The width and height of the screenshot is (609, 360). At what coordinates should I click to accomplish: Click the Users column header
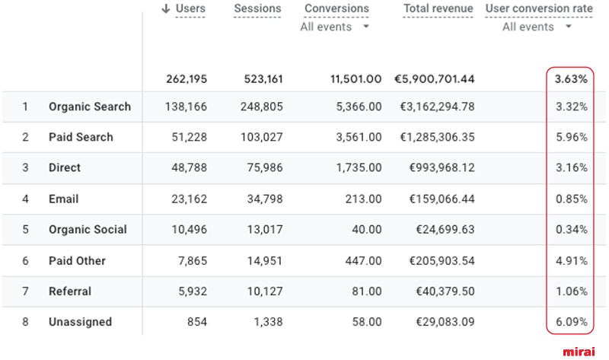click(x=190, y=8)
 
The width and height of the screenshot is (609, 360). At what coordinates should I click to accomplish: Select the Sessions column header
click(x=257, y=8)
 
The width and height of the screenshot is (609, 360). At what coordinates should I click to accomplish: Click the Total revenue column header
click(x=438, y=8)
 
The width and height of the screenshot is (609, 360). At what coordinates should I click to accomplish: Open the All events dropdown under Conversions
click(x=335, y=27)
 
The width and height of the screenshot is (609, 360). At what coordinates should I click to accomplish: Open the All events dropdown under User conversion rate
click(x=537, y=27)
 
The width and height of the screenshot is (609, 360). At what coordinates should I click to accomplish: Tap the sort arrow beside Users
click(x=165, y=8)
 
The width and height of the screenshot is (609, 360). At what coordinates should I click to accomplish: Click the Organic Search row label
click(x=90, y=107)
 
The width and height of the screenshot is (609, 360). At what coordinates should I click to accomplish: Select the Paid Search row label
click(x=81, y=137)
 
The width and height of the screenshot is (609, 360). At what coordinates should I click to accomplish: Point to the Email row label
click(x=63, y=199)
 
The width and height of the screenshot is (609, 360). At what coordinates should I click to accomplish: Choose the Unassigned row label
click(x=80, y=322)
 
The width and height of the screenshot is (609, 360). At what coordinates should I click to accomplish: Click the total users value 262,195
click(x=186, y=78)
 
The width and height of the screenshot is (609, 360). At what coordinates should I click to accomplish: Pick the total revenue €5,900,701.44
click(x=434, y=78)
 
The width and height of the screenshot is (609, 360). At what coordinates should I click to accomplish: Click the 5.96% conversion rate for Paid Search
click(x=571, y=137)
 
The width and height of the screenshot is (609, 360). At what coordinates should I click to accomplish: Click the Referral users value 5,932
click(x=191, y=291)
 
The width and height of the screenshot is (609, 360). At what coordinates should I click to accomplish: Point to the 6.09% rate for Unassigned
click(x=571, y=322)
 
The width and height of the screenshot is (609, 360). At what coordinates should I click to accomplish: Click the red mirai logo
click(x=579, y=352)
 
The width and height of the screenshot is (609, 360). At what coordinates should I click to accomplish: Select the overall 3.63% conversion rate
click(x=571, y=78)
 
